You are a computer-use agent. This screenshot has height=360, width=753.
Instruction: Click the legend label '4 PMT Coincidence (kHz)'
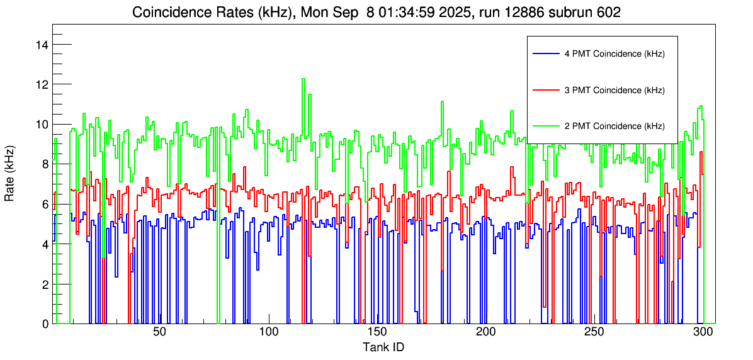(614, 54)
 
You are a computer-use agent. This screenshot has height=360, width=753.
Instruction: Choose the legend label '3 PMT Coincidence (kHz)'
(614, 90)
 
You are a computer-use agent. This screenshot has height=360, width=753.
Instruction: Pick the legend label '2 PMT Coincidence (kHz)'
(614, 126)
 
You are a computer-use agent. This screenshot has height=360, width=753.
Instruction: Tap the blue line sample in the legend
(545, 54)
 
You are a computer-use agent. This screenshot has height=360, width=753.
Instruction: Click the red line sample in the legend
(545, 90)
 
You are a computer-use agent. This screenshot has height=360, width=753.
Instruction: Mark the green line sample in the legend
(545, 126)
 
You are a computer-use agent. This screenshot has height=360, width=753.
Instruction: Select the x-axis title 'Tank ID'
(383, 347)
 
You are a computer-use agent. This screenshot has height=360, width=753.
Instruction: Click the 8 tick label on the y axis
(46, 164)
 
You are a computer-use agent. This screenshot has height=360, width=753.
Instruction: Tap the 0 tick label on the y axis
(46, 324)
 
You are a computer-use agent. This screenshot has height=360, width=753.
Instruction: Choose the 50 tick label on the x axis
(159, 332)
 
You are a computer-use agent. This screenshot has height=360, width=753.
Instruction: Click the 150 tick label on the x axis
(376, 332)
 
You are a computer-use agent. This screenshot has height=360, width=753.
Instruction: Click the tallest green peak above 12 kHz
(303, 79)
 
